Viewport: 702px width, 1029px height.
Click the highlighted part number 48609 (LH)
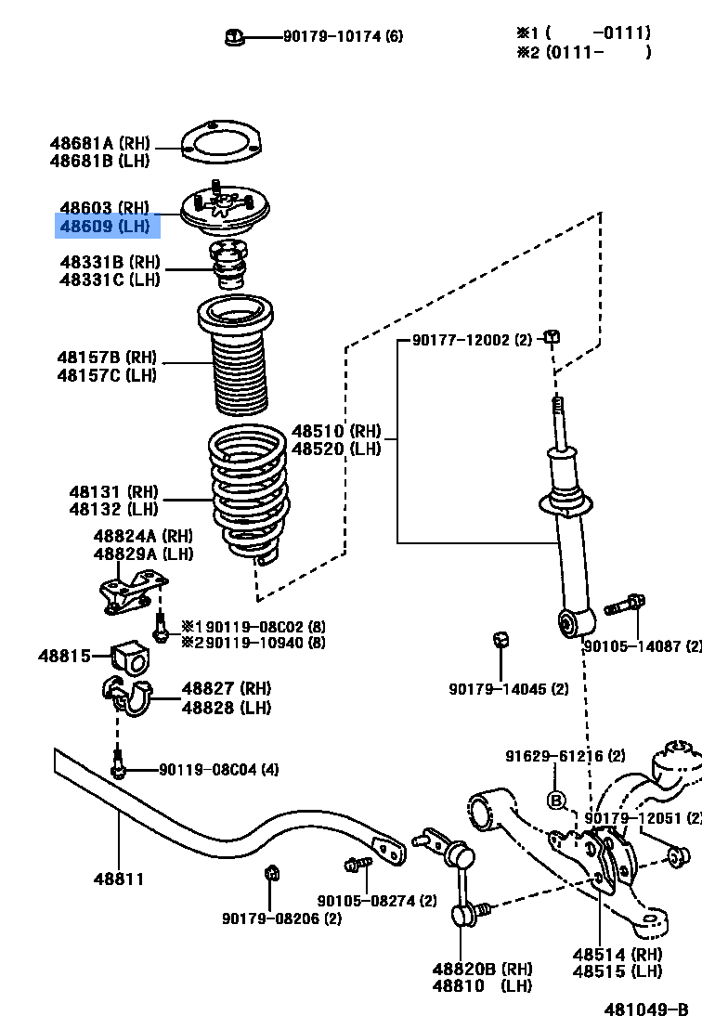pyautogui.click(x=104, y=226)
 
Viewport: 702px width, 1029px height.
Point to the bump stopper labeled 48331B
pyautogui.click(x=227, y=265)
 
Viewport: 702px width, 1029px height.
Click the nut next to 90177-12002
pyautogui.click(x=552, y=336)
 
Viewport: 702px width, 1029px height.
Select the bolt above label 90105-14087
pyautogui.click(x=625, y=606)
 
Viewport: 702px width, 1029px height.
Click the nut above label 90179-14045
pyautogui.click(x=500, y=640)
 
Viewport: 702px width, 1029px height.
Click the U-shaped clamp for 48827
pyautogui.click(x=130, y=697)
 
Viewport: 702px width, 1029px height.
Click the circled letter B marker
pyautogui.click(x=556, y=800)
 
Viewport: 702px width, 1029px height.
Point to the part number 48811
pyautogui.click(x=118, y=878)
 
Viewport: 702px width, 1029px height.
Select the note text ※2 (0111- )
pyautogui.click(x=583, y=52)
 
